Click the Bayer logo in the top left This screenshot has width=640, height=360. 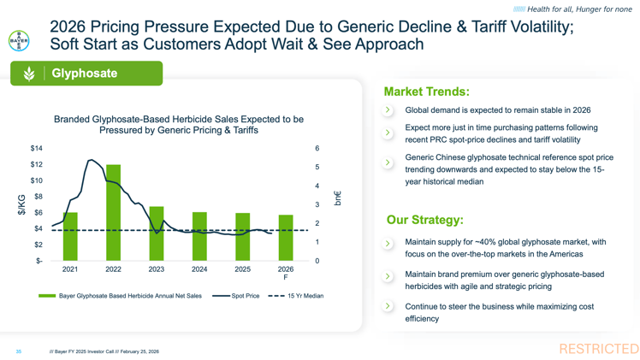(18, 40)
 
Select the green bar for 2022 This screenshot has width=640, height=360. (113, 213)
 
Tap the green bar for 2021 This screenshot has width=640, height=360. (70, 237)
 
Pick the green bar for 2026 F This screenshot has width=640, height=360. (285, 239)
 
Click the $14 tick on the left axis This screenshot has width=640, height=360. (37, 149)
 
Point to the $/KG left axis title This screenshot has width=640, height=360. (21, 204)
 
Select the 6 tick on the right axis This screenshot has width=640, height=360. (317, 149)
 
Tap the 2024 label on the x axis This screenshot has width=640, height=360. (199, 269)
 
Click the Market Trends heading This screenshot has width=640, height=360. (426, 91)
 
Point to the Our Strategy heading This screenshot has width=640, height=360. (424, 221)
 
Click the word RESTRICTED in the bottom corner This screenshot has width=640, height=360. (598, 349)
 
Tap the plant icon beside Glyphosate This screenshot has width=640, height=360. (28, 74)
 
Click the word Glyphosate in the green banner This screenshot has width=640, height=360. (85, 74)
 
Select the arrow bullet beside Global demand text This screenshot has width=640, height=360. (388, 110)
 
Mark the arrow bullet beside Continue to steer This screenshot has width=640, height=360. (388, 306)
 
